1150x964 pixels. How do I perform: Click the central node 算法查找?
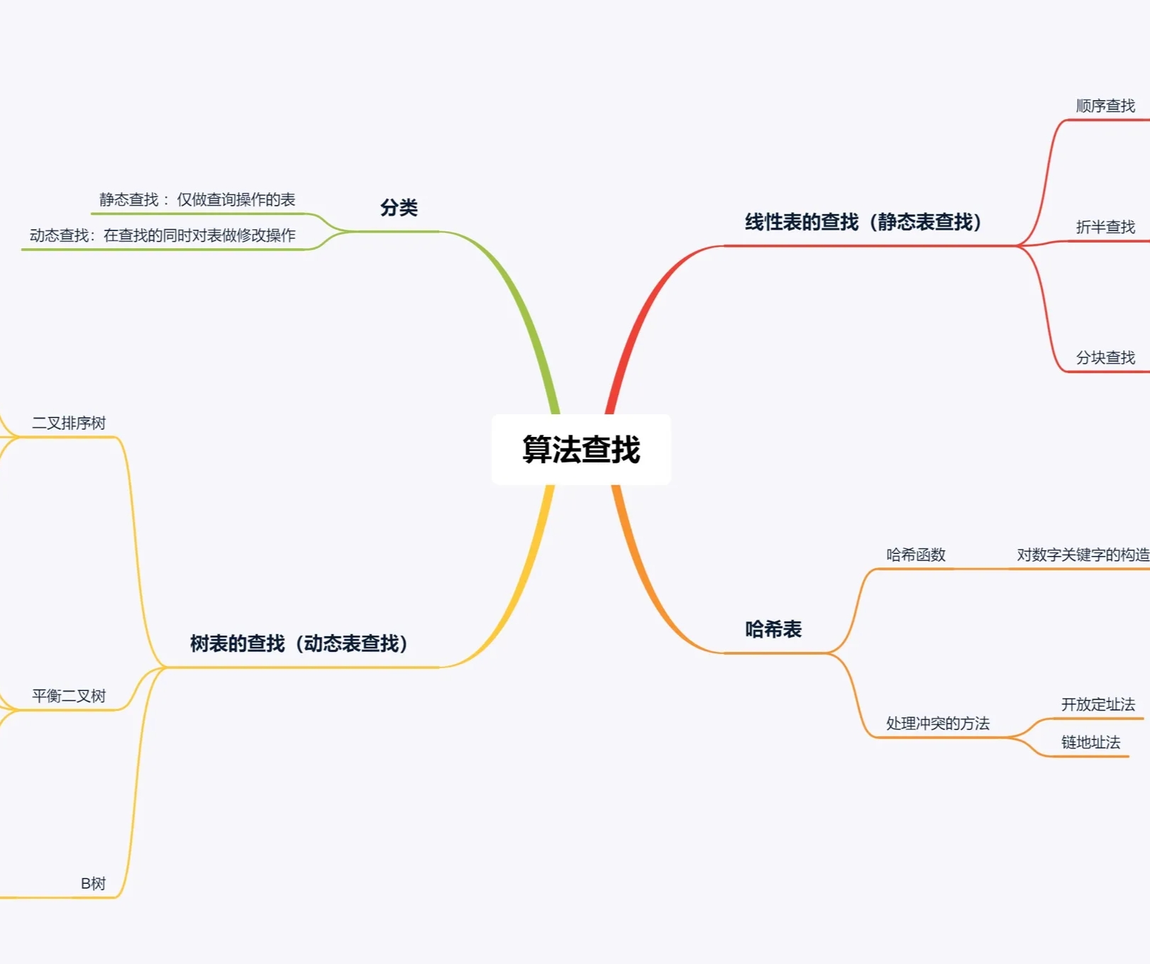(x=581, y=450)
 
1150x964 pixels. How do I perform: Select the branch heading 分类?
(x=399, y=208)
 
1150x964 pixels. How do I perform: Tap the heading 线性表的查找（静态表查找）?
(x=863, y=222)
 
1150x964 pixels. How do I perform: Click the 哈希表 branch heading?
(x=773, y=629)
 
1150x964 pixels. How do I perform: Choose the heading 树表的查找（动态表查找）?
(x=299, y=643)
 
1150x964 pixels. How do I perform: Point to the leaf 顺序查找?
(x=1105, y=106)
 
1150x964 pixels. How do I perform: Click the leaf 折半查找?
(x=1105, y=227)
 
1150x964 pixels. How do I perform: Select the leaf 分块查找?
(x=1105, y=358)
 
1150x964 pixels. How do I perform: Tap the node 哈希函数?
(x=916, y=555)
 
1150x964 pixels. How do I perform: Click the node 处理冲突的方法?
(x=937, y=724)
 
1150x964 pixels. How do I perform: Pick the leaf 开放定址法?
(x=1098, y=704)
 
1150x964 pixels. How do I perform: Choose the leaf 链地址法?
(x=1090, y=743)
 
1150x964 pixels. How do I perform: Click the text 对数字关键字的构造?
(x=1083, y=555)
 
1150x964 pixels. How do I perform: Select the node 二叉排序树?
(x=69, y=423)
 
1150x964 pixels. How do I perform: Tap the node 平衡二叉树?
(x=69, y=696)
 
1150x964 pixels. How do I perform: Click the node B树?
(x=93, y=884)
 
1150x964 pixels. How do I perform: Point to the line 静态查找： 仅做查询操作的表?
(x=197, y=200)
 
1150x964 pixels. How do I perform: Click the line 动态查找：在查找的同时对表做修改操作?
(x=162, y=236)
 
